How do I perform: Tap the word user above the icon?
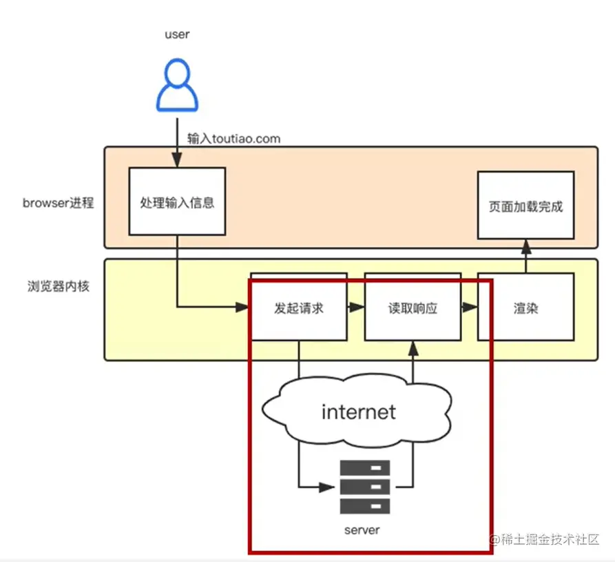(x=177, y=34)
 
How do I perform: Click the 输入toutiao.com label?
(x=234, y=139)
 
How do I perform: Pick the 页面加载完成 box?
(x=525, y=206)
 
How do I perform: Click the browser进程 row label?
(x=58, y=203)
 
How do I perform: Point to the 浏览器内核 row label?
(x=58, y=286)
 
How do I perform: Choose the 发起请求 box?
(x=298, y=308)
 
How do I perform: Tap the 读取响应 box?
(x=413, y=308)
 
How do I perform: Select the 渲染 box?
(x=525, y=308)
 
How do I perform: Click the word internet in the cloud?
(x=358, y=412)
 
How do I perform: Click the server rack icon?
(x=364, y=487)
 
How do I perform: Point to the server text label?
(x=362, y=530)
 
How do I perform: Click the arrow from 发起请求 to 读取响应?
(x=355, y=308)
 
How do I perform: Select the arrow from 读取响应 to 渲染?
(x=470, y=308)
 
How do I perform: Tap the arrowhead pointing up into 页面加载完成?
(x=525, y=245)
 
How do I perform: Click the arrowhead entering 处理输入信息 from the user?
(x=177, y=161)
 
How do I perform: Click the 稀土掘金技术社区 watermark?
(x=544, y=539)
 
